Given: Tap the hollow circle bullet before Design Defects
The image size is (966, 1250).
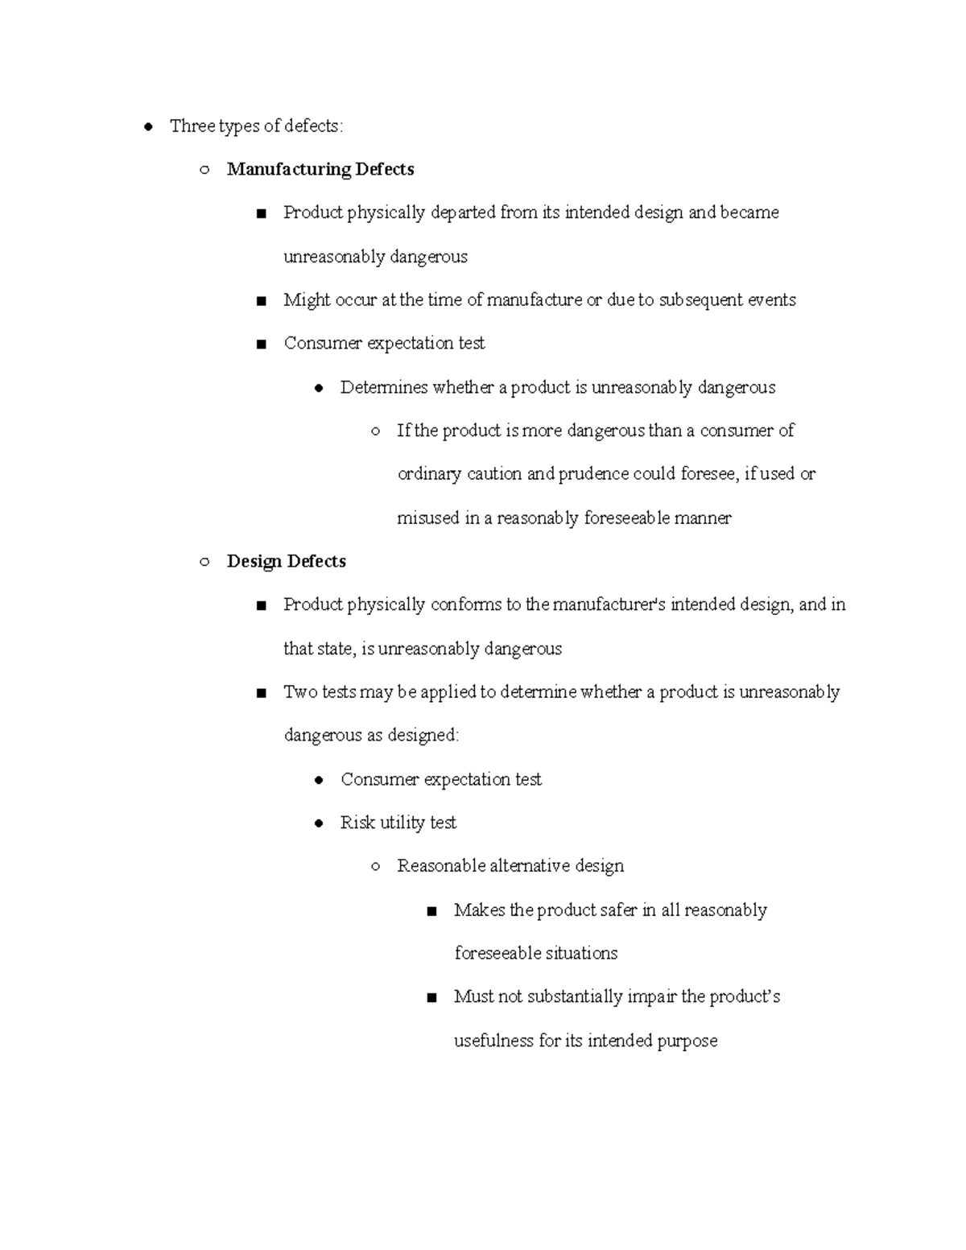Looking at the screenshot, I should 204,562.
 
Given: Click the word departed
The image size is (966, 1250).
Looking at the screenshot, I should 463,213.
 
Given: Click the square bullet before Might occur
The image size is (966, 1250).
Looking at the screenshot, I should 260,301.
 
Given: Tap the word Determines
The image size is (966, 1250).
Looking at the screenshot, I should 383,388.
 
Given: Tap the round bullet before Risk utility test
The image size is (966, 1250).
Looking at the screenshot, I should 319,823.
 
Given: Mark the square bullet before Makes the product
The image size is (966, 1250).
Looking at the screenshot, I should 432,911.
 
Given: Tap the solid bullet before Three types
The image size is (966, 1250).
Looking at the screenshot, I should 148,126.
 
